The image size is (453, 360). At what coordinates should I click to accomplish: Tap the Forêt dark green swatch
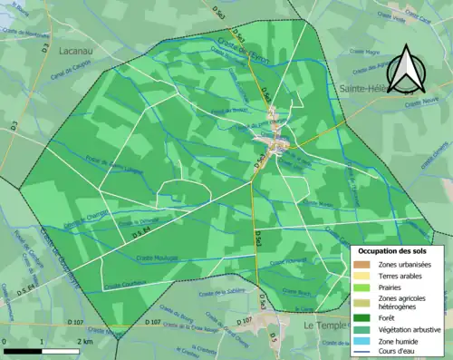tap(363, 317)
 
